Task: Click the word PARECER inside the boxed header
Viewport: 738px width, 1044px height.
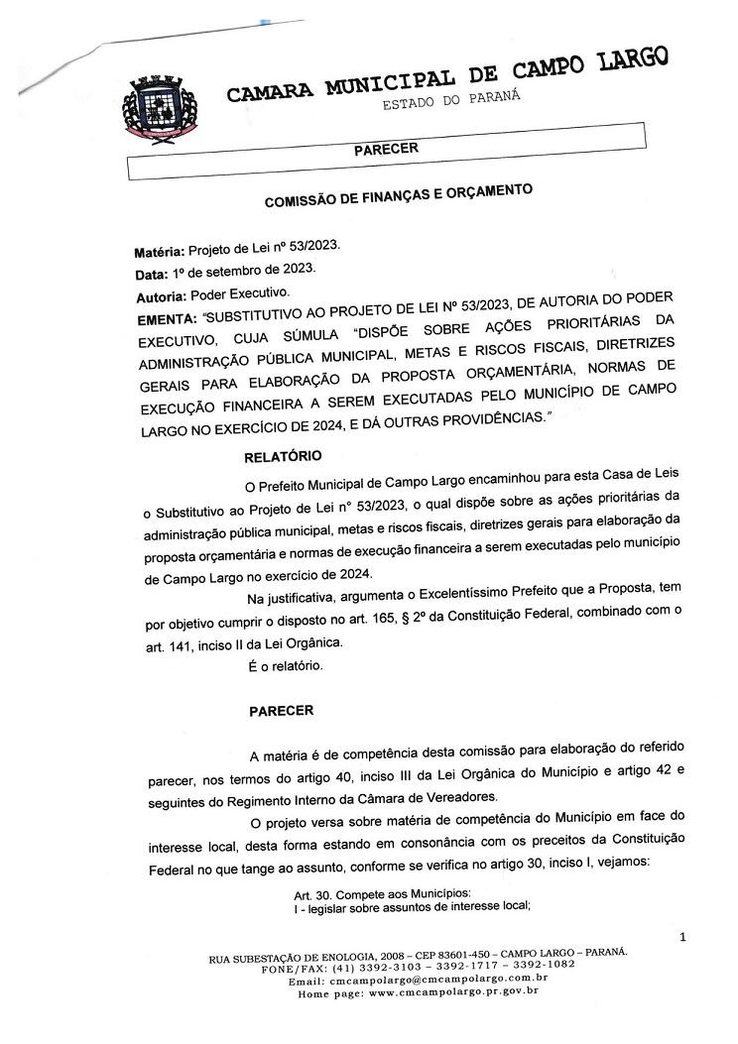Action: pos(385,149)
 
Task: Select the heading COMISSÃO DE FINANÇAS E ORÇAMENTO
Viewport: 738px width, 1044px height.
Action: pos(399,195)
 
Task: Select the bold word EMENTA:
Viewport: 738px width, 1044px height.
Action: pos(168,319)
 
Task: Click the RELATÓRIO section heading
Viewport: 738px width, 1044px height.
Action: pos(283,458)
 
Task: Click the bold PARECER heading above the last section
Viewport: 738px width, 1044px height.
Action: pos(281,710)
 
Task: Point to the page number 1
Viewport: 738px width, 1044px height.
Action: pos(682,936)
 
